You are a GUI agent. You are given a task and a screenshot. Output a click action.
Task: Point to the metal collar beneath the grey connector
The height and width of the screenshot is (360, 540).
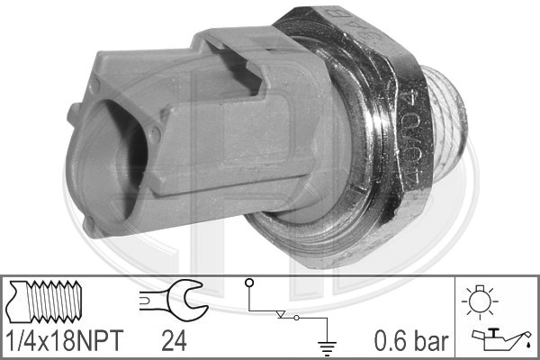[x=288, y=236]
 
